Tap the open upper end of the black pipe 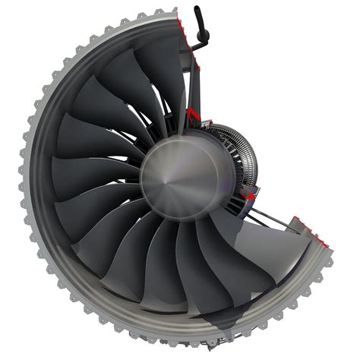coord(197,10)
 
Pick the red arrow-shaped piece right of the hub coord(247,197)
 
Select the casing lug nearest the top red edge coord(162,13)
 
